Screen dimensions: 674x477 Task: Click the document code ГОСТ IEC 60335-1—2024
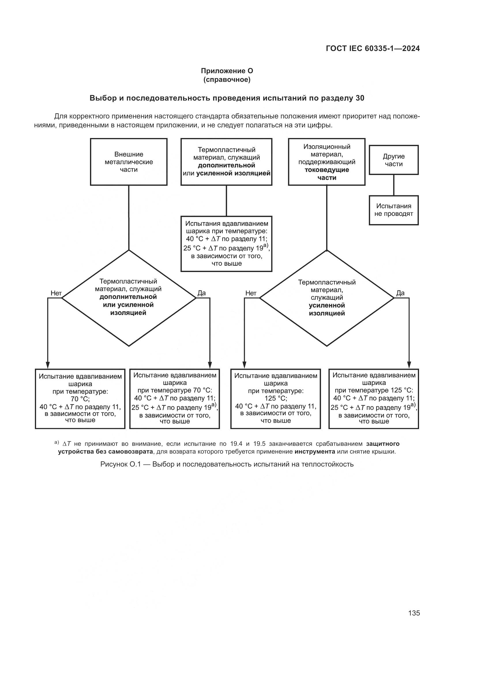coord(372,48)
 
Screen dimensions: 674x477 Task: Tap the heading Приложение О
coord(227,71)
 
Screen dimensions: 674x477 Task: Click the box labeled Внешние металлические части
coord(129,162)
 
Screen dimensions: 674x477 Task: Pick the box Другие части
coord(394,160)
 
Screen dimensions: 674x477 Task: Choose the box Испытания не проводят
coord(394,210)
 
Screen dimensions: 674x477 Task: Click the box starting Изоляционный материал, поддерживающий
coord(327,162)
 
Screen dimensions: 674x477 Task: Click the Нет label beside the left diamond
coord(56,293)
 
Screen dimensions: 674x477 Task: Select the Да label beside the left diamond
coord(202,293)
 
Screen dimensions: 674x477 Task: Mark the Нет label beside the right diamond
coord(251,293)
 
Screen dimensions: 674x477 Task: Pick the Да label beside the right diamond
coord(400,293)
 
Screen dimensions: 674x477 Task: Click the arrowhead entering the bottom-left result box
coord(48,365)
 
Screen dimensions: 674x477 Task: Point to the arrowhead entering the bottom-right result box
coord(409,365)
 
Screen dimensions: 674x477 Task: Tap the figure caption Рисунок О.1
coord(227,464)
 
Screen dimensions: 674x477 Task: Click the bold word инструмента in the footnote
coord(315,452)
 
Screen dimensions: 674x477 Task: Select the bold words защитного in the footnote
coord(383,443)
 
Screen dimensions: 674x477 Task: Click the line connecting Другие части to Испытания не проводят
coord(394,185)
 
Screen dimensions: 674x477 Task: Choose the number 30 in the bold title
coord(360,98)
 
